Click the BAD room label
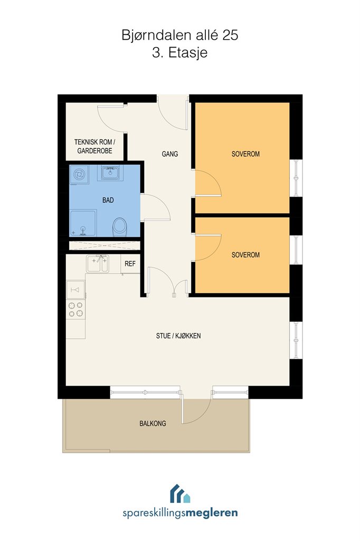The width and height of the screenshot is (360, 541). (x=108, y=200)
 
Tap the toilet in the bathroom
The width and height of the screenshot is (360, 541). (x=120, y=227)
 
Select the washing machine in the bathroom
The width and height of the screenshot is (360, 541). (x=79, y=174)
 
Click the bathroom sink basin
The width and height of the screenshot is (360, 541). (x=110, y=172)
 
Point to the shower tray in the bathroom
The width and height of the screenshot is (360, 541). (x=83, y=223)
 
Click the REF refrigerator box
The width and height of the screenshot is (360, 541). (x=130, y=264)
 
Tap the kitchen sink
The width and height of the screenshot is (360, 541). (x=98, y=264)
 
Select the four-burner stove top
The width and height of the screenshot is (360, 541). (x=76, y=310)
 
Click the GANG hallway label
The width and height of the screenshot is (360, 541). (x=169, y=154)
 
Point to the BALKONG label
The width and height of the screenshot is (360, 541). (x=153, y=423)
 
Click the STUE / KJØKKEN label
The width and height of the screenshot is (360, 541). (x=178, y=335)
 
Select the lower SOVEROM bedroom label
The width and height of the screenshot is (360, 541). (x=245, y=255)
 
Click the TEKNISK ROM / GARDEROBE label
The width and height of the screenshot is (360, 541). (x=94, y=146)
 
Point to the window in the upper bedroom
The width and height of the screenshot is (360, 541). (x=296, y=178)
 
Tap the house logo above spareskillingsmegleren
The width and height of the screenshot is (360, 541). (x=180, y=493)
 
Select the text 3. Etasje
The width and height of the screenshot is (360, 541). (x=179, y=53)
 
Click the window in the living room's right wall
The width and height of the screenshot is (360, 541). (x=296, y=341)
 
